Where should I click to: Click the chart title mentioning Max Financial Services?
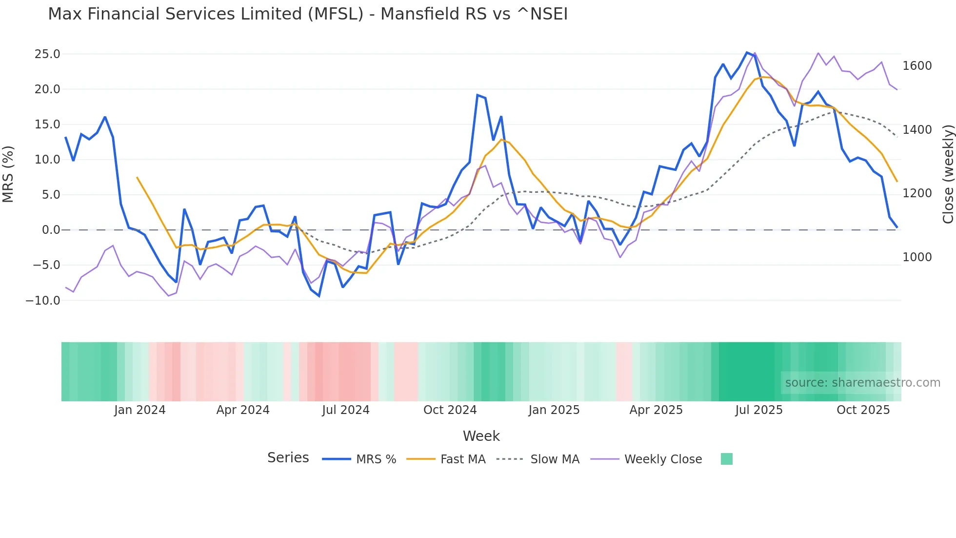click(x=308, y=14)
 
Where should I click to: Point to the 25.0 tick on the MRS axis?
click(x=47, y=54)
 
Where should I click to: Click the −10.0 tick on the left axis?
click(x=43, y=301)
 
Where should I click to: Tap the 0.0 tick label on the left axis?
click(x=51, y=230)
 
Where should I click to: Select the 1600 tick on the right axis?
click(x=917, y=66)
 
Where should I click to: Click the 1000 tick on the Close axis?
click(x=917, y=257)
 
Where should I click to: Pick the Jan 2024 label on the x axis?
click(x=140, y=410)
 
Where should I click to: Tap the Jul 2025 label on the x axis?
click(x=759, y=410)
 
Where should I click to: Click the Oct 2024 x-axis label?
click(x=450, y=410)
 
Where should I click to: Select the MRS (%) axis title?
click(x=8, y=174)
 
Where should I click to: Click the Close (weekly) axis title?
click(x=948, y=174)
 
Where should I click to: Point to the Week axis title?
click(x=481, y=436)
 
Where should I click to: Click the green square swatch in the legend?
click(x=726, y=459)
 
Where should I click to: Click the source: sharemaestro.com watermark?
click(x=862, y=383)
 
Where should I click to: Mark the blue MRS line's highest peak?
click(x=747, y=52)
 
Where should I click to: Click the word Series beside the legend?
click(x=288, y=458)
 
